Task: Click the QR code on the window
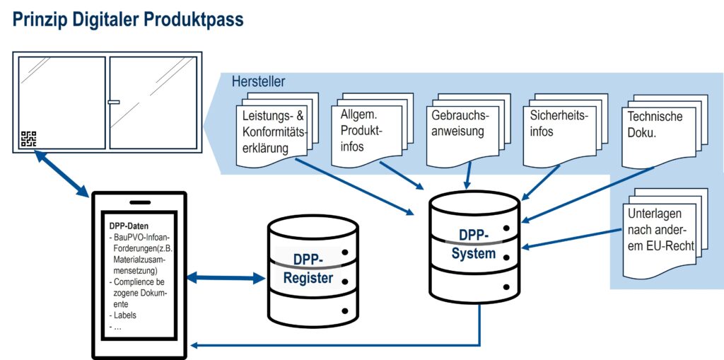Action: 28,139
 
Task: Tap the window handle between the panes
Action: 113,103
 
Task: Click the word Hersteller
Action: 258,82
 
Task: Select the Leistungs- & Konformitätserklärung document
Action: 274,132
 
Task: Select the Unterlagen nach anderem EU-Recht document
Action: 659,230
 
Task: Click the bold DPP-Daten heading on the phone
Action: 129,226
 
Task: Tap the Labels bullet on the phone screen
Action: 127,315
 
